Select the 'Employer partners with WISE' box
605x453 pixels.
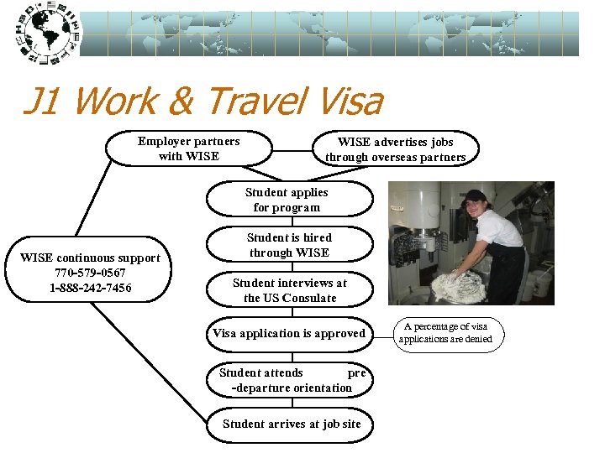tap(189, 148)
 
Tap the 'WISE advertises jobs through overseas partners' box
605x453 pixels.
tap(395, 149)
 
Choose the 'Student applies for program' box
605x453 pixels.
tap(287, 200)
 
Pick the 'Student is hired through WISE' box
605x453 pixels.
tap(289, 245)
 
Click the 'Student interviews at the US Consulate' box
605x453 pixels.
tap(289, 290)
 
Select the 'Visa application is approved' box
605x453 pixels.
tap(289, 334)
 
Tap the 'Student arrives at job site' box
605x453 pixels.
tap(291, 424)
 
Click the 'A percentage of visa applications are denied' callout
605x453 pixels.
tap(450, 333)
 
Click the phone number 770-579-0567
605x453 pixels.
tap(91, 273)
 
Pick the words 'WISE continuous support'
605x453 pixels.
tap(90, 258)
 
